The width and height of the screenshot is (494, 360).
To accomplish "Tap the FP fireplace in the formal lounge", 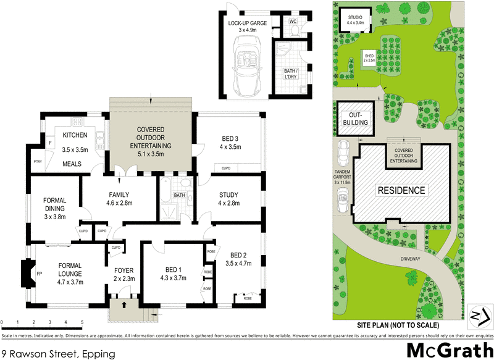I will pyautogui.click(x=39, y=273).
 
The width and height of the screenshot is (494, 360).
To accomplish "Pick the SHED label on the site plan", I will pyautogui.click(x=369, y=58).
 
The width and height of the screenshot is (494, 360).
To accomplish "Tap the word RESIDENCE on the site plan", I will pyautogui.click(x=402, y=190).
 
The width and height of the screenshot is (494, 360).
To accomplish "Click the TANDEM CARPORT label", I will pyautogui.click(x=343, y=174).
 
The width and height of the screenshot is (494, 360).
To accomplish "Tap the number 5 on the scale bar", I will pyautogui.click(x=82, y=322).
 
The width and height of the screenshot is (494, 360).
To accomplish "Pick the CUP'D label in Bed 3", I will pyautogui.click(x=226, y=168).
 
